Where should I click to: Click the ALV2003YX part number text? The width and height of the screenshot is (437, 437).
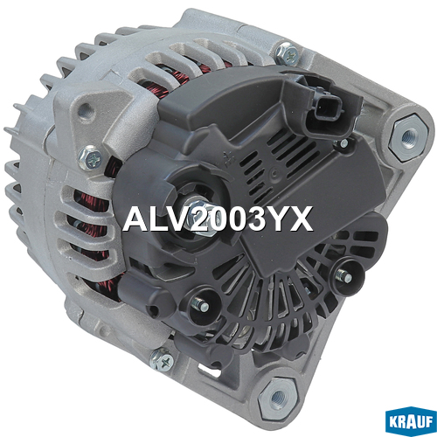[218, 219]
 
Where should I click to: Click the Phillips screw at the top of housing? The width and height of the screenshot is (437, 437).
[288, 54]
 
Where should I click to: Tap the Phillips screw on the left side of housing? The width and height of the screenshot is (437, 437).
[90, 159]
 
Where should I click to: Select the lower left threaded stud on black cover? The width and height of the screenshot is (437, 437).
[202, 305]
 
